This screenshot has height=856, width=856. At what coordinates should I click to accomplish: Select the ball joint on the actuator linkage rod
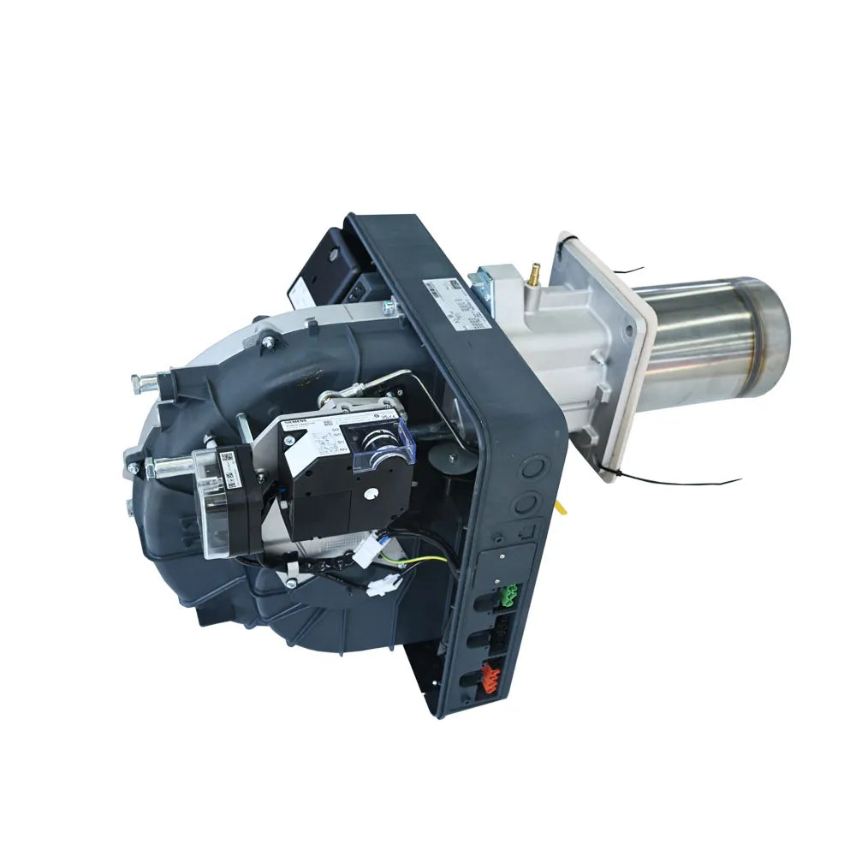pos(336,397)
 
